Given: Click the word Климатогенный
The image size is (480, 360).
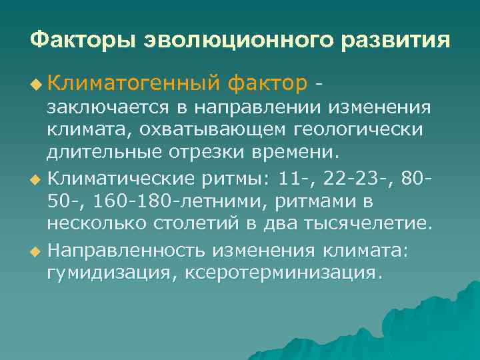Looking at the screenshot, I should (x=133, y=84).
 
